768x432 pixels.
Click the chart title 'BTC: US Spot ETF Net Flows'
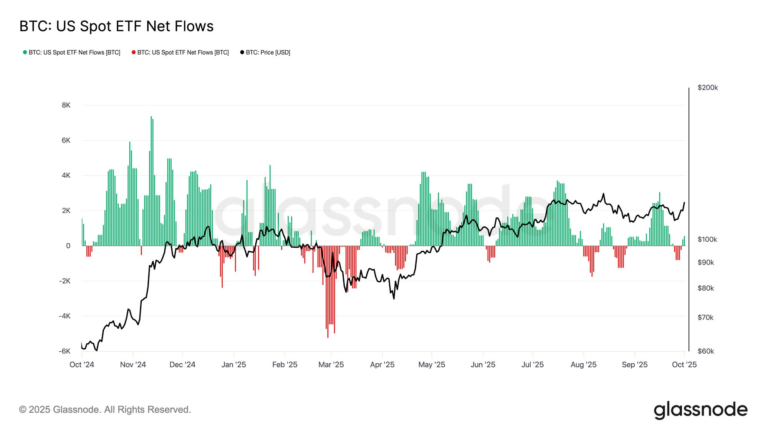coord(116,26)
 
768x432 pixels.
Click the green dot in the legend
coord(25,52)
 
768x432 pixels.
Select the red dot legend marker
coord(134,52)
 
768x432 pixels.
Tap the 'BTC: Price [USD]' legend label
coord(268,52)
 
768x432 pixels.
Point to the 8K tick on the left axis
coord(66,105)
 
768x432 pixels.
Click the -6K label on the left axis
coord(65,351)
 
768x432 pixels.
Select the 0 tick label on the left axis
coord(68,246)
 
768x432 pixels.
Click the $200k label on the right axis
coord(708,88)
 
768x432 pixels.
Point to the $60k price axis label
coord(706,351)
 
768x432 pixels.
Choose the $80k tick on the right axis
coord(706,288)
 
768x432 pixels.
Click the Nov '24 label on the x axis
coord(133,364)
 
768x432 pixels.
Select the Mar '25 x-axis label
coord(331,364)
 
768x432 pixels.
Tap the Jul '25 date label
coord(533,364)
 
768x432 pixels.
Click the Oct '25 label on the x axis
coord(684,364)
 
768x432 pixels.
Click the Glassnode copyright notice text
coord(105,410)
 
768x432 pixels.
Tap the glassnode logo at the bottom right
coord(700,410)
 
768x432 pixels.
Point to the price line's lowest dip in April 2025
coord(394,298)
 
